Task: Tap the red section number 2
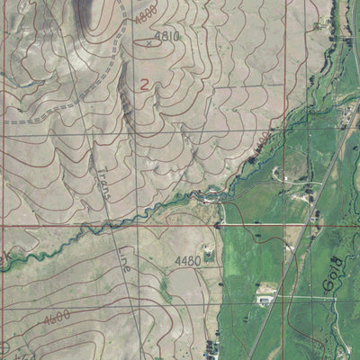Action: [144, 84]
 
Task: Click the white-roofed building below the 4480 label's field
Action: [266, 293]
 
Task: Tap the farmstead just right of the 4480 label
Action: [210, 256]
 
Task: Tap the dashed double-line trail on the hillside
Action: [54, 112]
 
